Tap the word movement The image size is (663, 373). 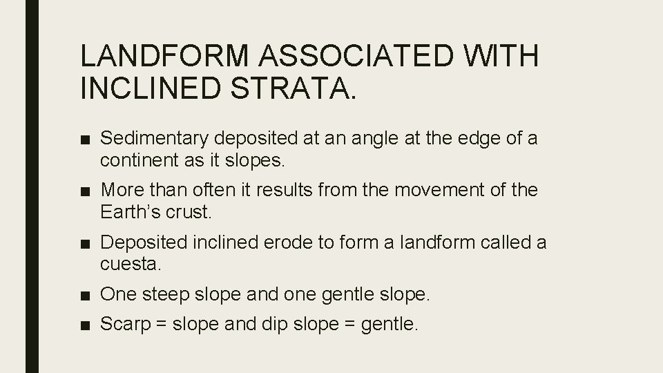coord(434,190)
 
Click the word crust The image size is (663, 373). coord(189,211)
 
